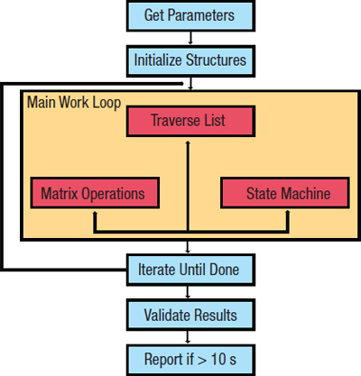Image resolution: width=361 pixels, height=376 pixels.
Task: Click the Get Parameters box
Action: pyautogui.click(x=190, y=15)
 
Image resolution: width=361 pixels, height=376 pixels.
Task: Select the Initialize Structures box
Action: pyautogui.click(x=190, y=60)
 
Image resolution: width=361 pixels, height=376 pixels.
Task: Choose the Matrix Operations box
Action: pyautogui.click(x=94, y=192)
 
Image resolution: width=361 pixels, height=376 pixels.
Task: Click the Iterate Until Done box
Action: pyautogui.click(x=190, y=268)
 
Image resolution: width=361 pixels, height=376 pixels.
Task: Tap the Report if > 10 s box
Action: pyautogui.click(x=190, y=358)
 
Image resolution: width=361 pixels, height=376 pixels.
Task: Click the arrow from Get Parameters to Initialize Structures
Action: pyautogui.click(x=190, y=38)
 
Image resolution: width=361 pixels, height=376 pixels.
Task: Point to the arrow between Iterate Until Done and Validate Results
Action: pyautogui.click(x=190, y=290)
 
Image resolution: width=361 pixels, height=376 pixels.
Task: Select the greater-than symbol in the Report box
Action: pyautogui.click(x=207, y=358)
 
